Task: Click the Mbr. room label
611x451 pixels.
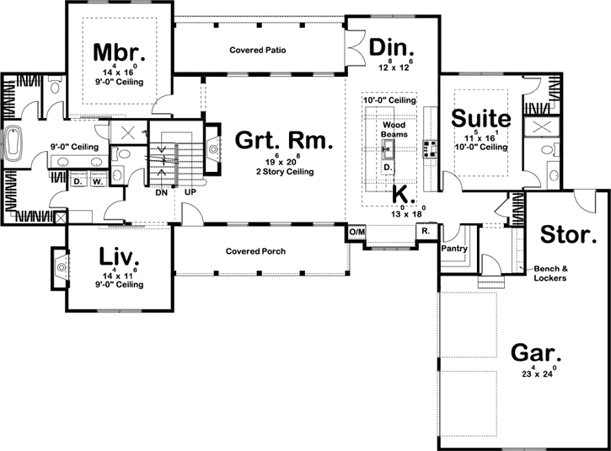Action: click(119, 51)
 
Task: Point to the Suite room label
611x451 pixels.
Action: click(481, 117)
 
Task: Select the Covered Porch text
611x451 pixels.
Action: click(255, 251)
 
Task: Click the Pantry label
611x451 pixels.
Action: click(454, 249)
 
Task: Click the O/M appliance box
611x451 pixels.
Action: click(356, 231)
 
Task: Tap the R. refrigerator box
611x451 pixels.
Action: click(425, 230)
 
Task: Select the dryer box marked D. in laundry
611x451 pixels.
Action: click(76, 180)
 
